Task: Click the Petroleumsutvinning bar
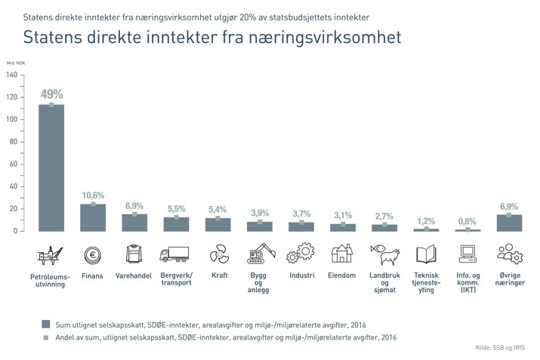click(51, 168)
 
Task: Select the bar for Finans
click(93, 217)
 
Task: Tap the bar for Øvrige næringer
click(509, 223)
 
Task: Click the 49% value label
click(51, 94)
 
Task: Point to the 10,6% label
click(93, 196)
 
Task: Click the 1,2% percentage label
click(426, 221)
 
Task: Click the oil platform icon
click(51, 255)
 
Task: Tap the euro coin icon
click(93, 256)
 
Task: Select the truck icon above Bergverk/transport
click(174, 255)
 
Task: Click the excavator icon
click(259, 254)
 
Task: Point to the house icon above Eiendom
click(342, 254)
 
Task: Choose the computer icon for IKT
click(467, 254)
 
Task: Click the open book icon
click(426, 254)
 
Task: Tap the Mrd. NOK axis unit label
click(16, 63)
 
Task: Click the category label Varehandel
click(134, 275)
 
